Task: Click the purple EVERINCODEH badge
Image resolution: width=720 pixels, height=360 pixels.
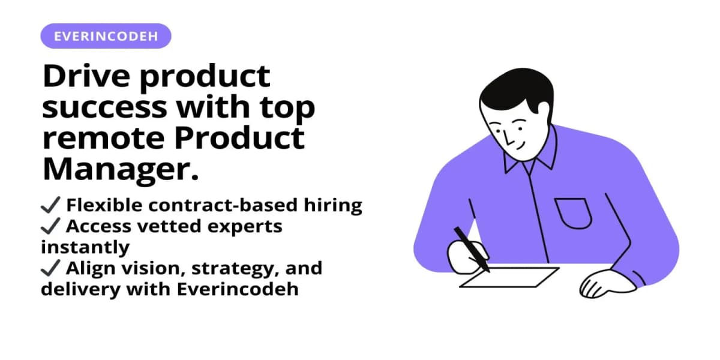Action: pyautogui.click(x=106, y=36)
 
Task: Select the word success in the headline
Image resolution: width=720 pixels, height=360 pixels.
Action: pyautogui.click(x=104, y=107)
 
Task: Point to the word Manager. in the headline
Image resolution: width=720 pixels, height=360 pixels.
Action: pyautogui.click(x=120, y=169)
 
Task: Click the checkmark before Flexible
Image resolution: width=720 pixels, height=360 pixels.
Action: pyautogui.click(x=50, y=206)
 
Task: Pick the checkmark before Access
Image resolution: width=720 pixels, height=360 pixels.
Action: pyautogui.click(x=50, y=227)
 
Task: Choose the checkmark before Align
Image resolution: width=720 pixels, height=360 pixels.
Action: pyautogui.click(x=50, y=268)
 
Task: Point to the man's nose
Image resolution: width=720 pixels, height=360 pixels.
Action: pyautogui.click(x=508, y=140)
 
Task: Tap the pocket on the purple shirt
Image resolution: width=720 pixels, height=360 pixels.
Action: pyautogui.click(x=573, y=213)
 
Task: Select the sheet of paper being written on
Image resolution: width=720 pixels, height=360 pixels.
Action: pyautogui.click(x=510, y=277)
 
